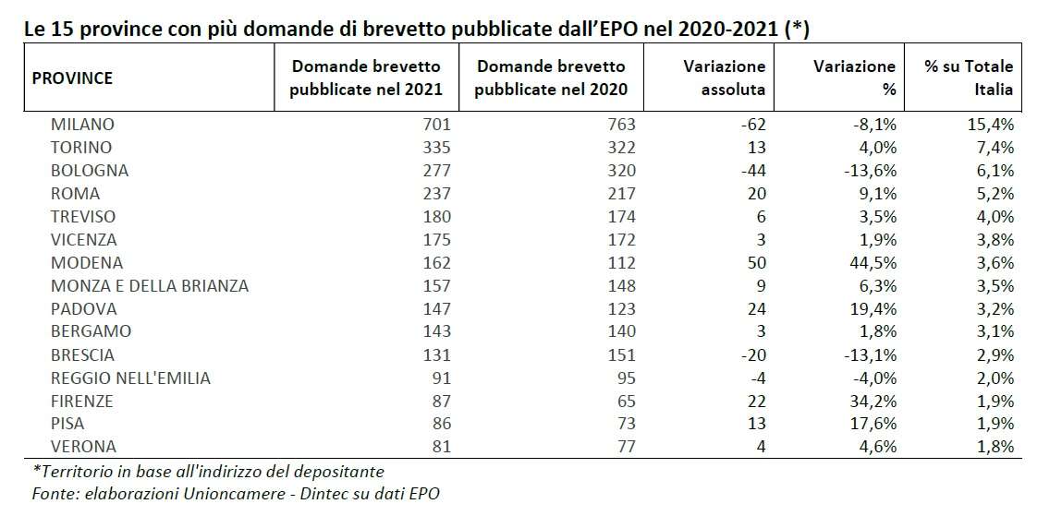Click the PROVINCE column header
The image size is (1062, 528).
click(x=72, y=78)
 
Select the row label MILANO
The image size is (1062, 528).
click(x=82, y=125)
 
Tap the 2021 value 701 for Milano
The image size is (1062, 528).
click(x=434, y=125)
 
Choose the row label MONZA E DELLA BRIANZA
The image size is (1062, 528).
click(x=150, y=286)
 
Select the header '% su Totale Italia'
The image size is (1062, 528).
click(x=970, y=78)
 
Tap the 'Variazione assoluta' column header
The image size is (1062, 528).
click(x=725, y=78)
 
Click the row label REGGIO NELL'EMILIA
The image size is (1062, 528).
click(x=130, y=378)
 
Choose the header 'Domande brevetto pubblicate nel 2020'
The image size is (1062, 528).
click(x=551, y=78)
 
